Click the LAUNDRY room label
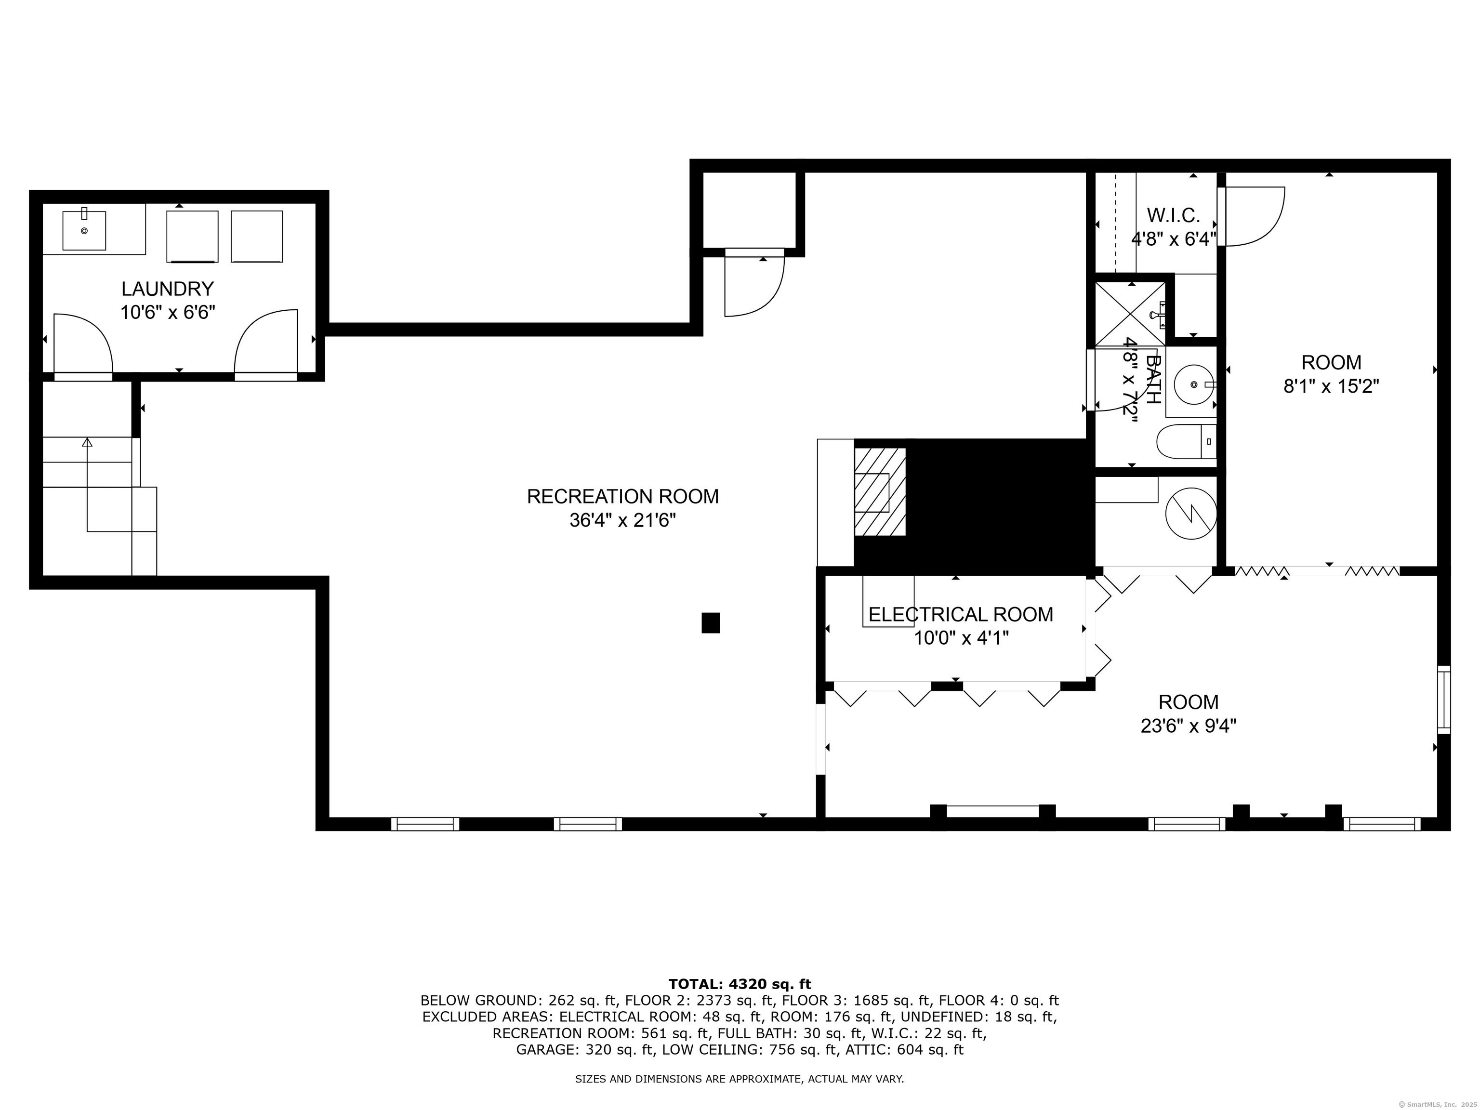(167, 289)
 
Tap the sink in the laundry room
(84, 230)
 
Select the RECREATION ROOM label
(622, 496)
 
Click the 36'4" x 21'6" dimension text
(622, 520)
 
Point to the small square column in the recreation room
(711, 622)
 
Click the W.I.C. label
(1173, 215)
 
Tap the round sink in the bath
(1194, 385)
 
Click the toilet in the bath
(1184, 442)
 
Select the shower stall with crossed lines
(1129, 314)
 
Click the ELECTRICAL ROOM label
(960, 614)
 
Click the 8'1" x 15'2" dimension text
(1331, 386)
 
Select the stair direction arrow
(87, 443)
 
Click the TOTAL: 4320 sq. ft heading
(740, 984)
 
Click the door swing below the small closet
(753, 288)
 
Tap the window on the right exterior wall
(1444, 700)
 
